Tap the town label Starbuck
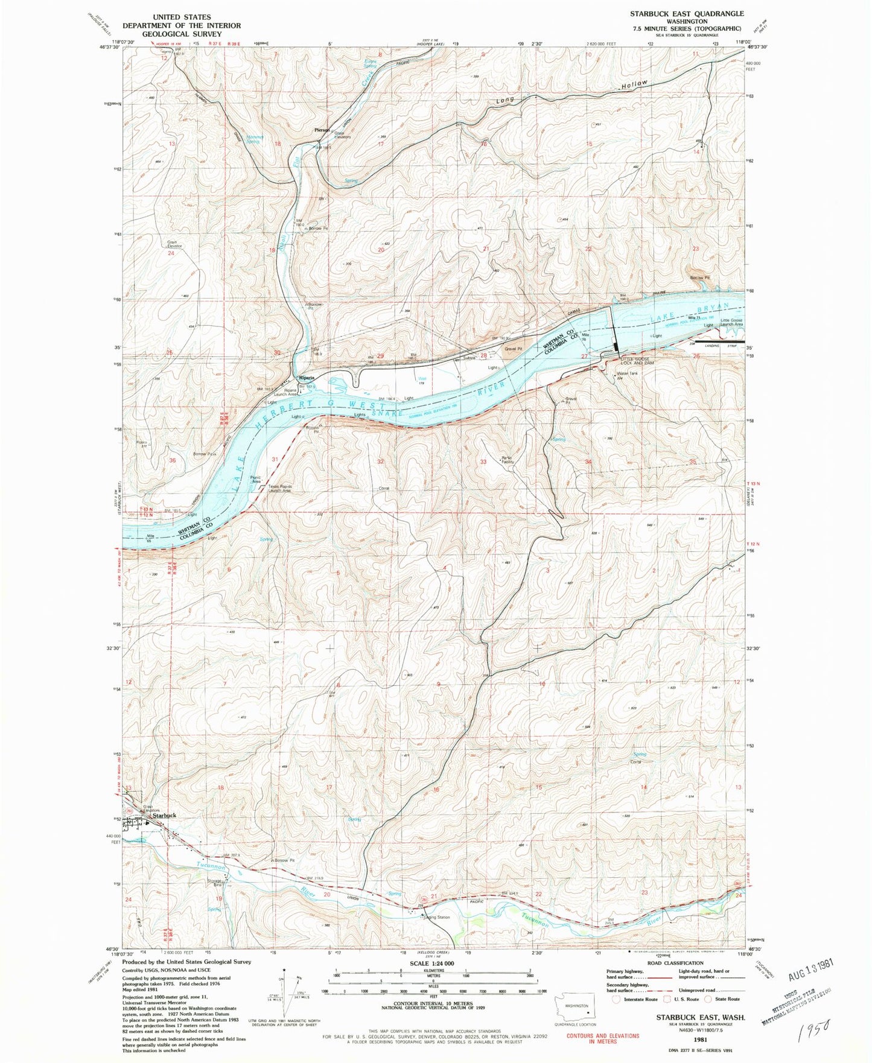[164, 815]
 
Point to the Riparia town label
[305, 378]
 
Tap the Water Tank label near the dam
[626, 373]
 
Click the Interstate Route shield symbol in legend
[616, 999]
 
